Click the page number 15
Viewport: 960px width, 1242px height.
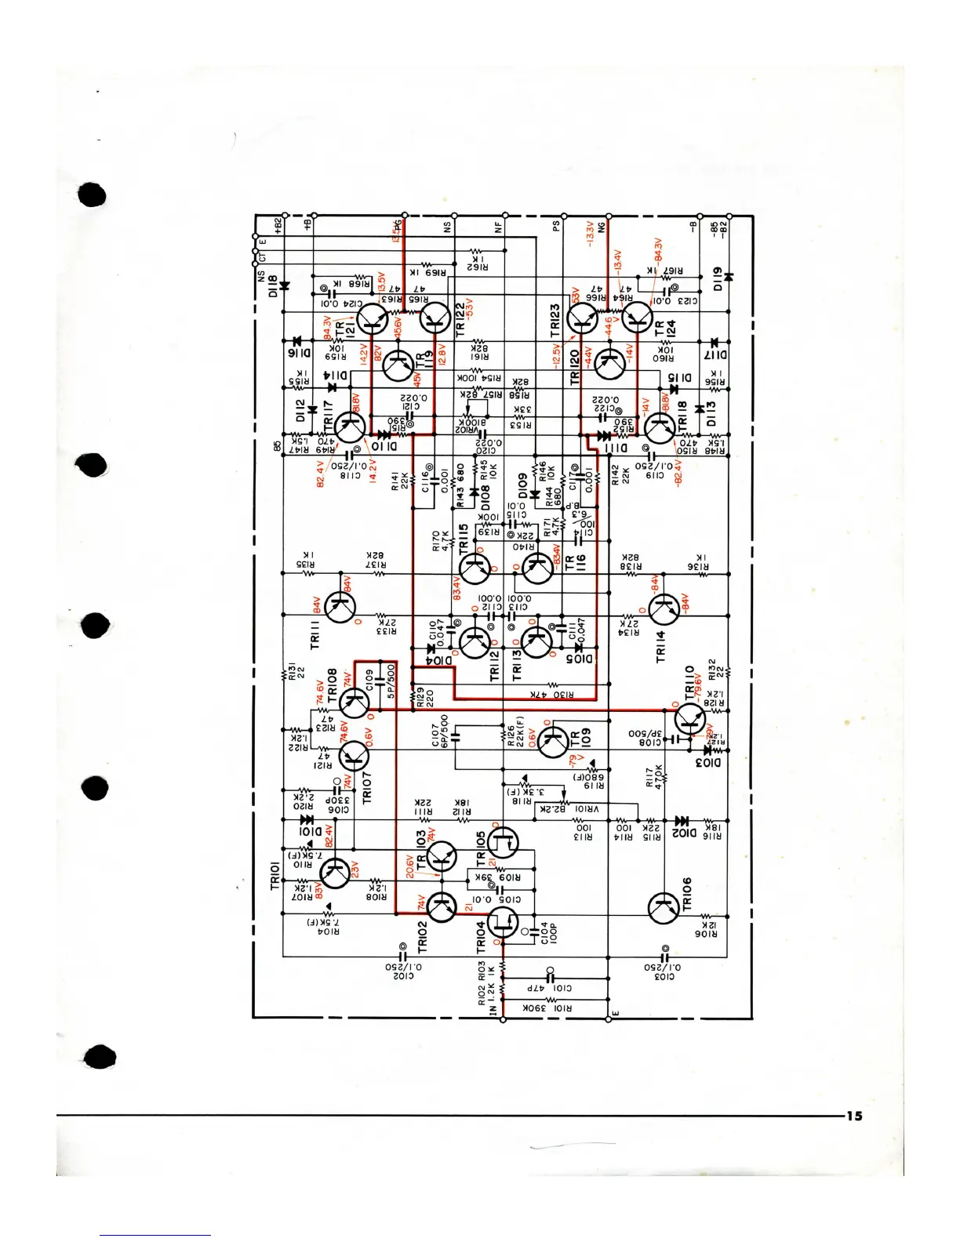(x=854, y=1116)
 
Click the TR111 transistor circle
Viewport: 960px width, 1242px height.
(x=340, y=607)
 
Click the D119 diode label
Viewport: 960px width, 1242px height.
(x=717, y=278)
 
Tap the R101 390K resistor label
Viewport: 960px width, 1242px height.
(x=547, y=1008)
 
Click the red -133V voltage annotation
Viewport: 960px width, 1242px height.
(x=589, y=233)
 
